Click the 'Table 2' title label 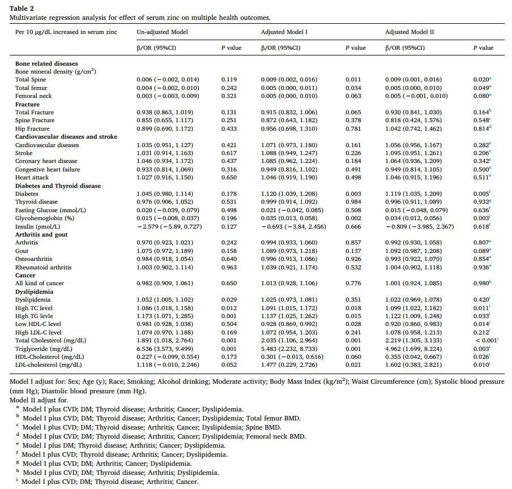21,8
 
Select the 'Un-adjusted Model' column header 163,32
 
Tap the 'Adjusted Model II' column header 409,32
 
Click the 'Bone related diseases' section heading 46,63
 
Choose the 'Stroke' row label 24,153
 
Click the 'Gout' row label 23,251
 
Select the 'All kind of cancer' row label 40,283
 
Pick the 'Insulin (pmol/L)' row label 38,226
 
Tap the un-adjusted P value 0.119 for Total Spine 229,80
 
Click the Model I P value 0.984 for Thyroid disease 353,202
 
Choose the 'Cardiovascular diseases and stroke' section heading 66,136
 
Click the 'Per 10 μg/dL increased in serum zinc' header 66,32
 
